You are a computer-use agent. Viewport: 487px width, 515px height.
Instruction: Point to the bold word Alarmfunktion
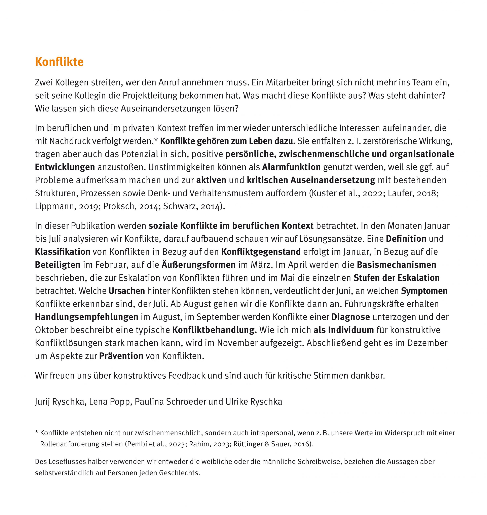(x=291, y=167)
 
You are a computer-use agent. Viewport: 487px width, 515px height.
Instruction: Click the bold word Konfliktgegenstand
(x=261, y=252)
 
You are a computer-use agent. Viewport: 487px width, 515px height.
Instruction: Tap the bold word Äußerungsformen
(x=198, y=265)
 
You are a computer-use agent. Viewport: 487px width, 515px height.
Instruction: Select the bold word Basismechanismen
(x=396, y=265)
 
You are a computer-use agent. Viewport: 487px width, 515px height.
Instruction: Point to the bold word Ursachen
(x=127, y=291)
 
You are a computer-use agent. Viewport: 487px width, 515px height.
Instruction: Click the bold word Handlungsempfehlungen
(x=87, y=317)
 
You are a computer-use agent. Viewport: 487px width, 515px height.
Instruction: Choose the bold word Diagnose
(x=350, y=317)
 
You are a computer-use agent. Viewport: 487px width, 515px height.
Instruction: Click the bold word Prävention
(x=121, y=356)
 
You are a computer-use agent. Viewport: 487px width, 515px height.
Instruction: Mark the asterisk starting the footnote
(x=37, y=433)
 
